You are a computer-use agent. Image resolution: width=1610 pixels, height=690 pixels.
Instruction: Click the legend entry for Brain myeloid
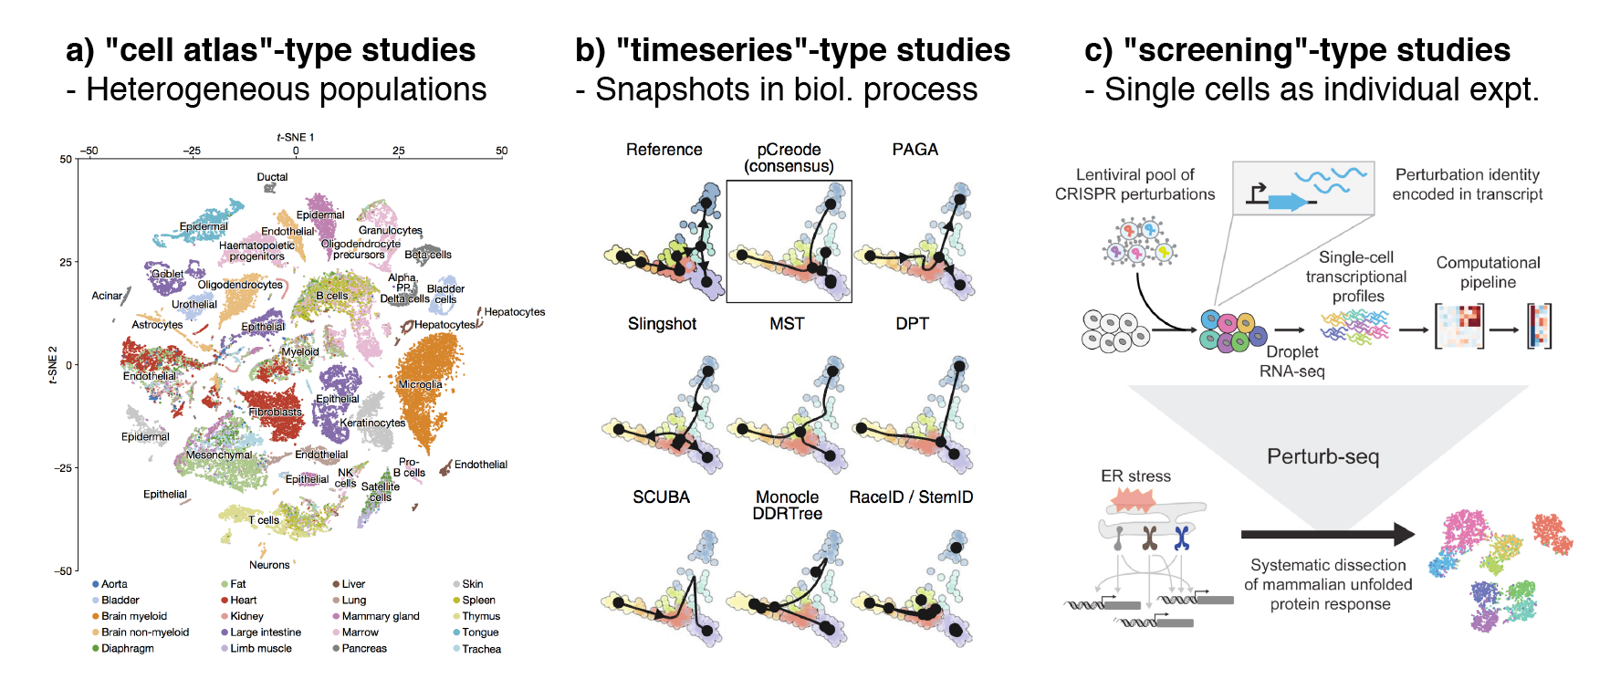pos(133,616)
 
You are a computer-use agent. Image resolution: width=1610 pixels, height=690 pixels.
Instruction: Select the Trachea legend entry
pos(481,649)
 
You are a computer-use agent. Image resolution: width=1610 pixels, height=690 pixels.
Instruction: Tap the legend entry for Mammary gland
pos(380,616)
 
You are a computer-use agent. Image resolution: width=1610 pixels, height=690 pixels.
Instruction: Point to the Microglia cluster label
pos(420,384)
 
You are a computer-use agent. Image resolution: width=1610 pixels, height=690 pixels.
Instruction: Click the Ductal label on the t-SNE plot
pos(272,177)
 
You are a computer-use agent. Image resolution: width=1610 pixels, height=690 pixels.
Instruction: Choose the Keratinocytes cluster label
pos(372,423)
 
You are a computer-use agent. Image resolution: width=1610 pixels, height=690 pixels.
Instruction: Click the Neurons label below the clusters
pos(269,565)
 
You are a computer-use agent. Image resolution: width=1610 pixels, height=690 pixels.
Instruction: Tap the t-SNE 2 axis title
pos(53,365)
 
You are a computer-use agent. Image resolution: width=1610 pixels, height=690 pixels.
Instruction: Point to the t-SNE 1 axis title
pos(295,138)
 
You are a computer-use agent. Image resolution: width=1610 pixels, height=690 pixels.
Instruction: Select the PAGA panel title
pos(915,150)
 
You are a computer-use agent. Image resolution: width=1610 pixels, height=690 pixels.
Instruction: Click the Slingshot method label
pos(662,324)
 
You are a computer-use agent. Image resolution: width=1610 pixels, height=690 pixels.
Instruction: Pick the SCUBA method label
pos(661,497)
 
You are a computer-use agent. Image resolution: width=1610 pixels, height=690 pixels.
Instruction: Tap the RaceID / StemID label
pos(911,497)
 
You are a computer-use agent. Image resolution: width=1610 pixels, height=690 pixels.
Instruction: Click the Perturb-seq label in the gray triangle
pos(1322,456)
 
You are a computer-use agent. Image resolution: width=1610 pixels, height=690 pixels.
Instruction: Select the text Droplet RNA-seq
pos(1291,361)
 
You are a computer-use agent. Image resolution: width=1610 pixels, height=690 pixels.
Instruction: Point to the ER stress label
pos(1135,476)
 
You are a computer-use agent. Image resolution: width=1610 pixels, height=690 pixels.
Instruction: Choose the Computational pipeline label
pos(1488,272)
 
